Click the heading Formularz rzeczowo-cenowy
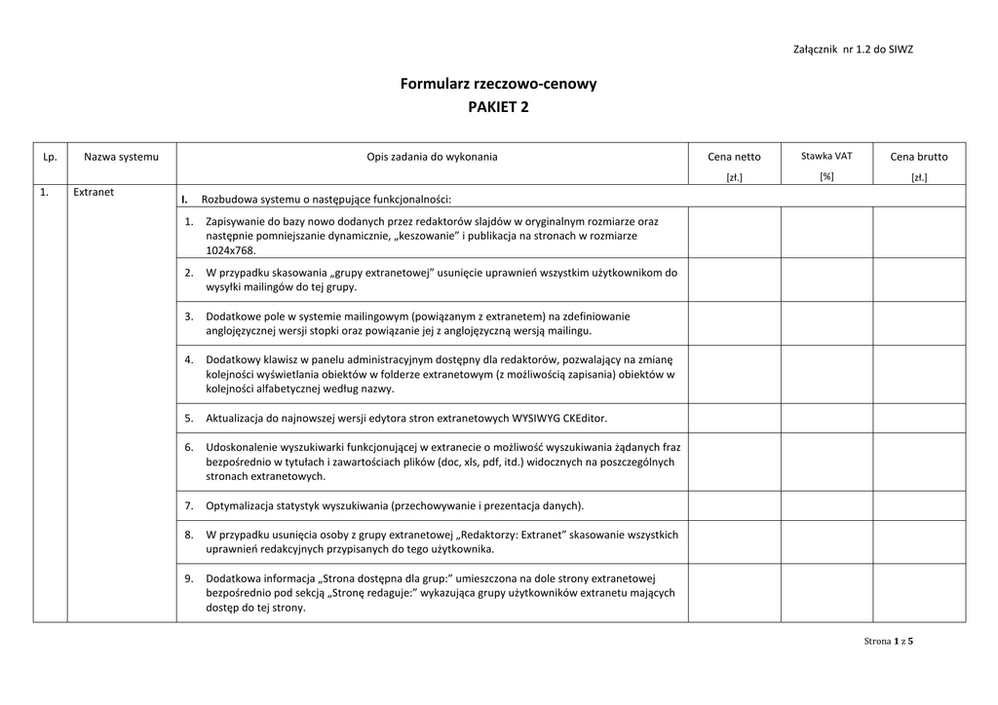point(498,84)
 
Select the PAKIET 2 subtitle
point(498,107)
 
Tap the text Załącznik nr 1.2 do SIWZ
point(854,49)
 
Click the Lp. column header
point(50,157)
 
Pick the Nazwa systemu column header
point(121,157)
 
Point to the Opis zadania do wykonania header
point(432,157)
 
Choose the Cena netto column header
point(734,157)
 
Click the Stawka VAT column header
point(826,156)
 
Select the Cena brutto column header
point(918,157)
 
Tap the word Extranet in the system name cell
point(94,192)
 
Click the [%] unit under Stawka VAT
point(826,176)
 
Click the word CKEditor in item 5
point(585,419)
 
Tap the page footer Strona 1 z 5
point(889,641)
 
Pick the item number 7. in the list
point(189,506)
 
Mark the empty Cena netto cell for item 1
point(734,232)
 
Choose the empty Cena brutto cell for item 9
point(918,592)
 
